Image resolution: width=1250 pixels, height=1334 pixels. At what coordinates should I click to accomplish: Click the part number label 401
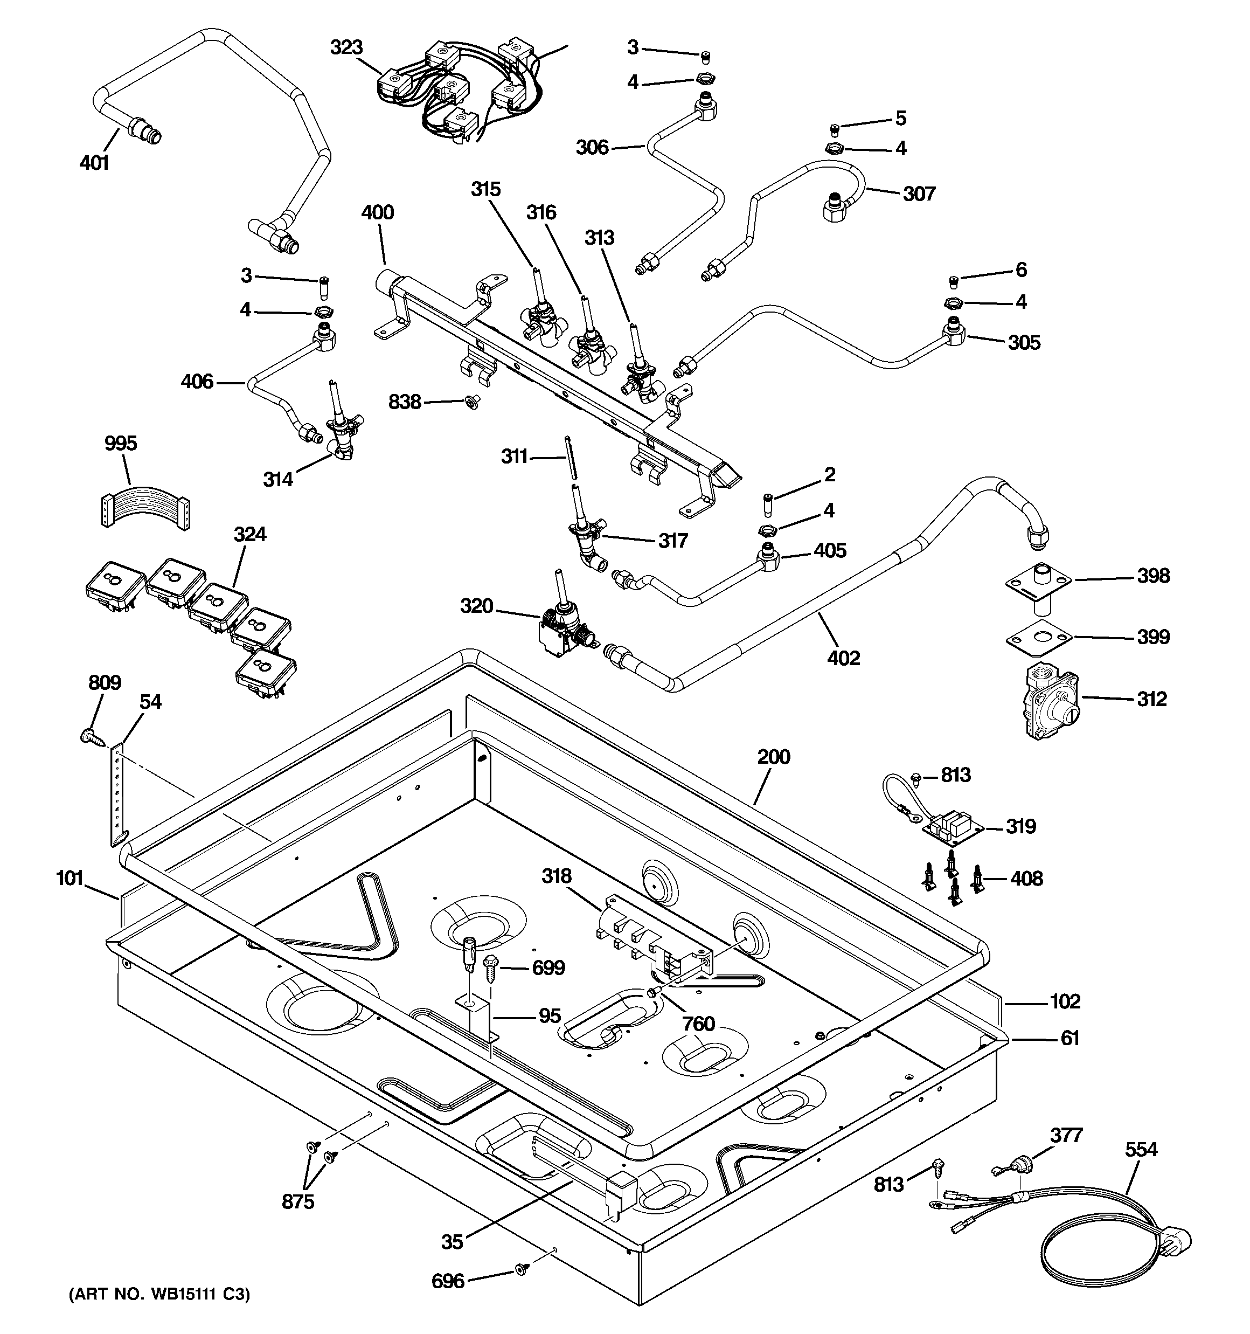click(94, 163)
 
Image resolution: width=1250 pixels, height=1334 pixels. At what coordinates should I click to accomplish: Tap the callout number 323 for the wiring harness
click(346, 47)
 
